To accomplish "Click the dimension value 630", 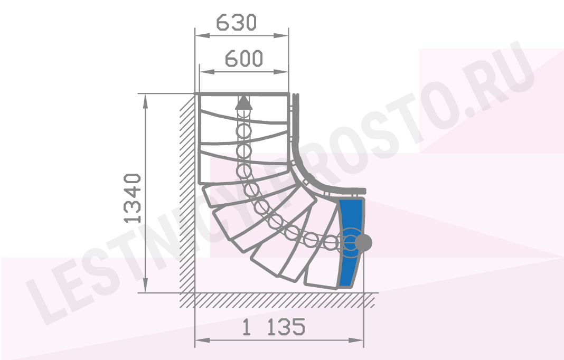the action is coord(236,22).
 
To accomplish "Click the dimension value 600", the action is coord(244,59).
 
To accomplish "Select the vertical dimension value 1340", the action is coord(132,198).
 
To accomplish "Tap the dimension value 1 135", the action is coord(274,327).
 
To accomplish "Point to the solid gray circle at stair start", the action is coord(363,243).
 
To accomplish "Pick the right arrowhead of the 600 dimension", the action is coord(281,72).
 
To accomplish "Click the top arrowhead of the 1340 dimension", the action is coord(145,101).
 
